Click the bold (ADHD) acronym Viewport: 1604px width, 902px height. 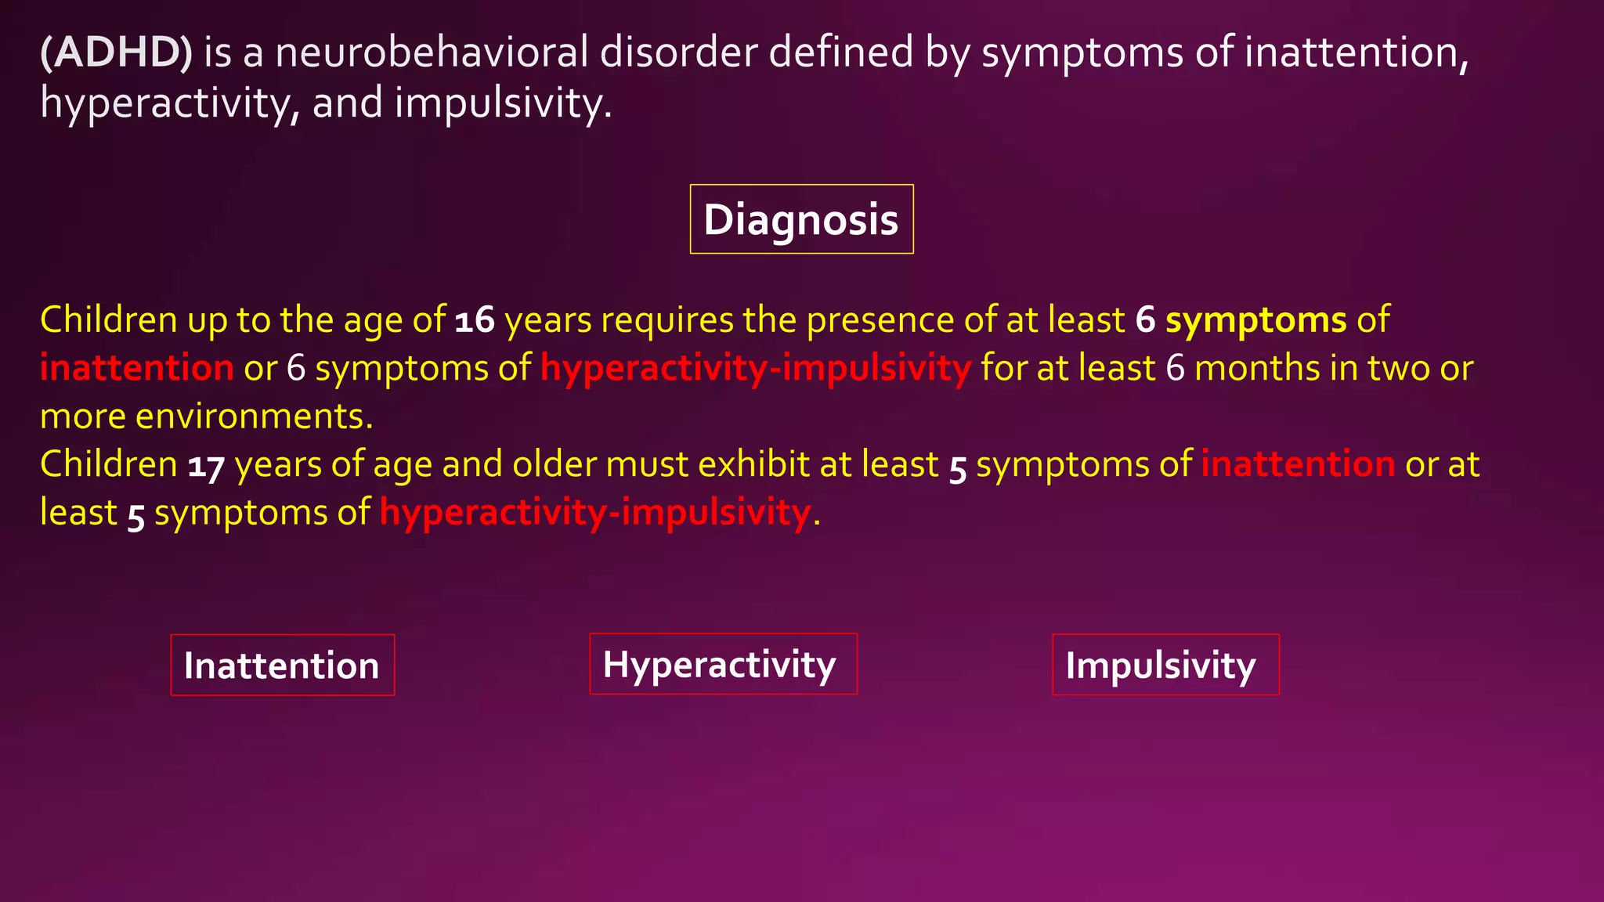pyautogui.click(x=116, y=53)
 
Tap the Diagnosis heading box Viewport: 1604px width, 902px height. pyautogui.click(x=801, y=219)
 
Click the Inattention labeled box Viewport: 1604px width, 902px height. pyautogui.click(x=282, y=666)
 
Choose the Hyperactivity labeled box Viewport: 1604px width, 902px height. pyautogui.click(x=722, y=664)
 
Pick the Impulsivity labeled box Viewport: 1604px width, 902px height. pyautogui.click(x=1165, y=666)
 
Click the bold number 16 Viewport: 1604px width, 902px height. pyautogui.click(x=475, y=320)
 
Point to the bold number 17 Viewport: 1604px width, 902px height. pyautogui.click(x=206, y=466)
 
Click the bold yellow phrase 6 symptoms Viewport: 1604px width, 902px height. pyautogui.click(x=1241, y=320)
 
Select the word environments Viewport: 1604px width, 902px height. pyautogui.click(x=254, y=417)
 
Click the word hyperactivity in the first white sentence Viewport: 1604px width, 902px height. pyautogui.click(x=164, y=103)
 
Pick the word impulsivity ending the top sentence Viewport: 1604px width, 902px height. pyautogui.click(x=501, y=103)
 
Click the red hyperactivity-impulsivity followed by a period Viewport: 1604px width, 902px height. pyautogui.click(x=595, y=513)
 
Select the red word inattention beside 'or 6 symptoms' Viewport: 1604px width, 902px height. pyautogui.click(x=137, y=368)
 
